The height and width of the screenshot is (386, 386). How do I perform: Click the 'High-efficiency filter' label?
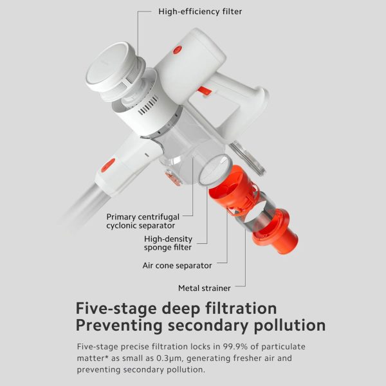click(200, 12)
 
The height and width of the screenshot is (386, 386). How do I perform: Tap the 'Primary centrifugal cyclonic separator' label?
click(143, 221)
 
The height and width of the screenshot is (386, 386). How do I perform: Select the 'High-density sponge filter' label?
click(168, 243)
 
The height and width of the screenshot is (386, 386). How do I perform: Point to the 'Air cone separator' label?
click(177, 265)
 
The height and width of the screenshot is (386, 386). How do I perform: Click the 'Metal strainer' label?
click(205, 288)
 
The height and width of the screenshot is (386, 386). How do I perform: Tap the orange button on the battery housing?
click(178, 50)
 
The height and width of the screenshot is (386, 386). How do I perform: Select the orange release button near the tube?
click(108, 165)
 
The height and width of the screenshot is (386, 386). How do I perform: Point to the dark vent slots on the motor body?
click(148, 106)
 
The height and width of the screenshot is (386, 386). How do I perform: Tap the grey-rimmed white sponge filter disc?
click(215, 170)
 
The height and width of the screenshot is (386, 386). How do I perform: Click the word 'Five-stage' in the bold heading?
click(116, 308)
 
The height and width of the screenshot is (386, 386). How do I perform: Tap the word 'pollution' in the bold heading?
click(289, 326)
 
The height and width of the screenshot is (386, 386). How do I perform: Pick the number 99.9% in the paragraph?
click(235, 347)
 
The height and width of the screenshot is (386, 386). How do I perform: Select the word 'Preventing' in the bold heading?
click(119, 326)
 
